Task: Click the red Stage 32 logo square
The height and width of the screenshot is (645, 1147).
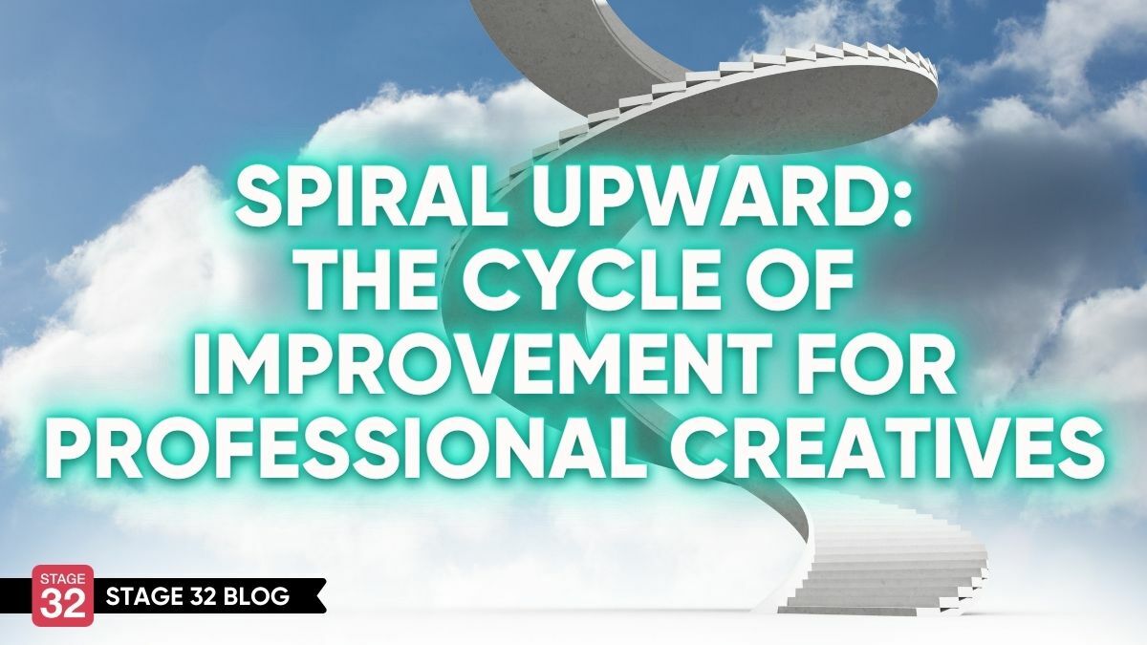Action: point(63,595)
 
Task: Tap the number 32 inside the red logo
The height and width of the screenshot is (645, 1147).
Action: point(63,604)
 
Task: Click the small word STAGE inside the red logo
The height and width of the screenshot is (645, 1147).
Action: point(62,579)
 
